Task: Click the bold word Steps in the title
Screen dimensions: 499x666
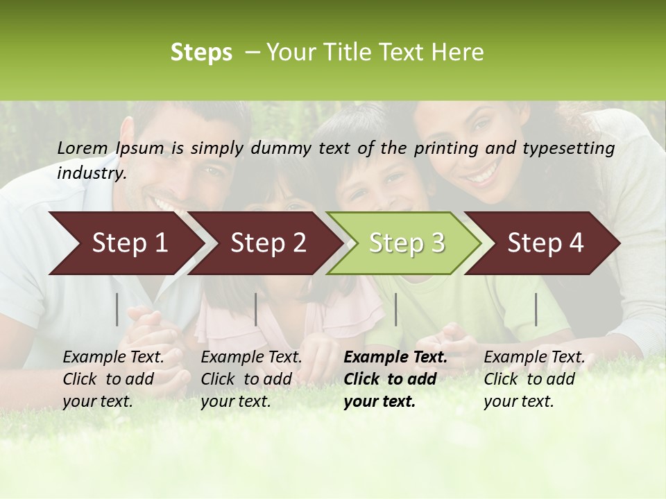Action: point(201,53)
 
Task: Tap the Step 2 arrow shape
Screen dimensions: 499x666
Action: point(267,243)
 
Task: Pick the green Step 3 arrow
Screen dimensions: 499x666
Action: point(406,243)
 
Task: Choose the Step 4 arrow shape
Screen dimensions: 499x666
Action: point(545,243)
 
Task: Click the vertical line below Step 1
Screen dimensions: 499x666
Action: point(117,309)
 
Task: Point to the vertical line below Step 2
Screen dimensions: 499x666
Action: point(256,309)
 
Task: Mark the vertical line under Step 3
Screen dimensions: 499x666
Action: point(395,309)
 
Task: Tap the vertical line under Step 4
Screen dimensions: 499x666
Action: point(536,309)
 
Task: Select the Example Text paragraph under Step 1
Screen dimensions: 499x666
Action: point(113,378)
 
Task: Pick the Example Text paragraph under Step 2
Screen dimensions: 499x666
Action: point(251,378)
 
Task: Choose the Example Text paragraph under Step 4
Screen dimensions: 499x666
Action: point(534,378)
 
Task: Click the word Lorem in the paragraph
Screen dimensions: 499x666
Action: point(83,148)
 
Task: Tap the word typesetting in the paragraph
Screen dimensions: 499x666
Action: point(574,148)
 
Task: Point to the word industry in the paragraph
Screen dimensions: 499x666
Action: point(92,173)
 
